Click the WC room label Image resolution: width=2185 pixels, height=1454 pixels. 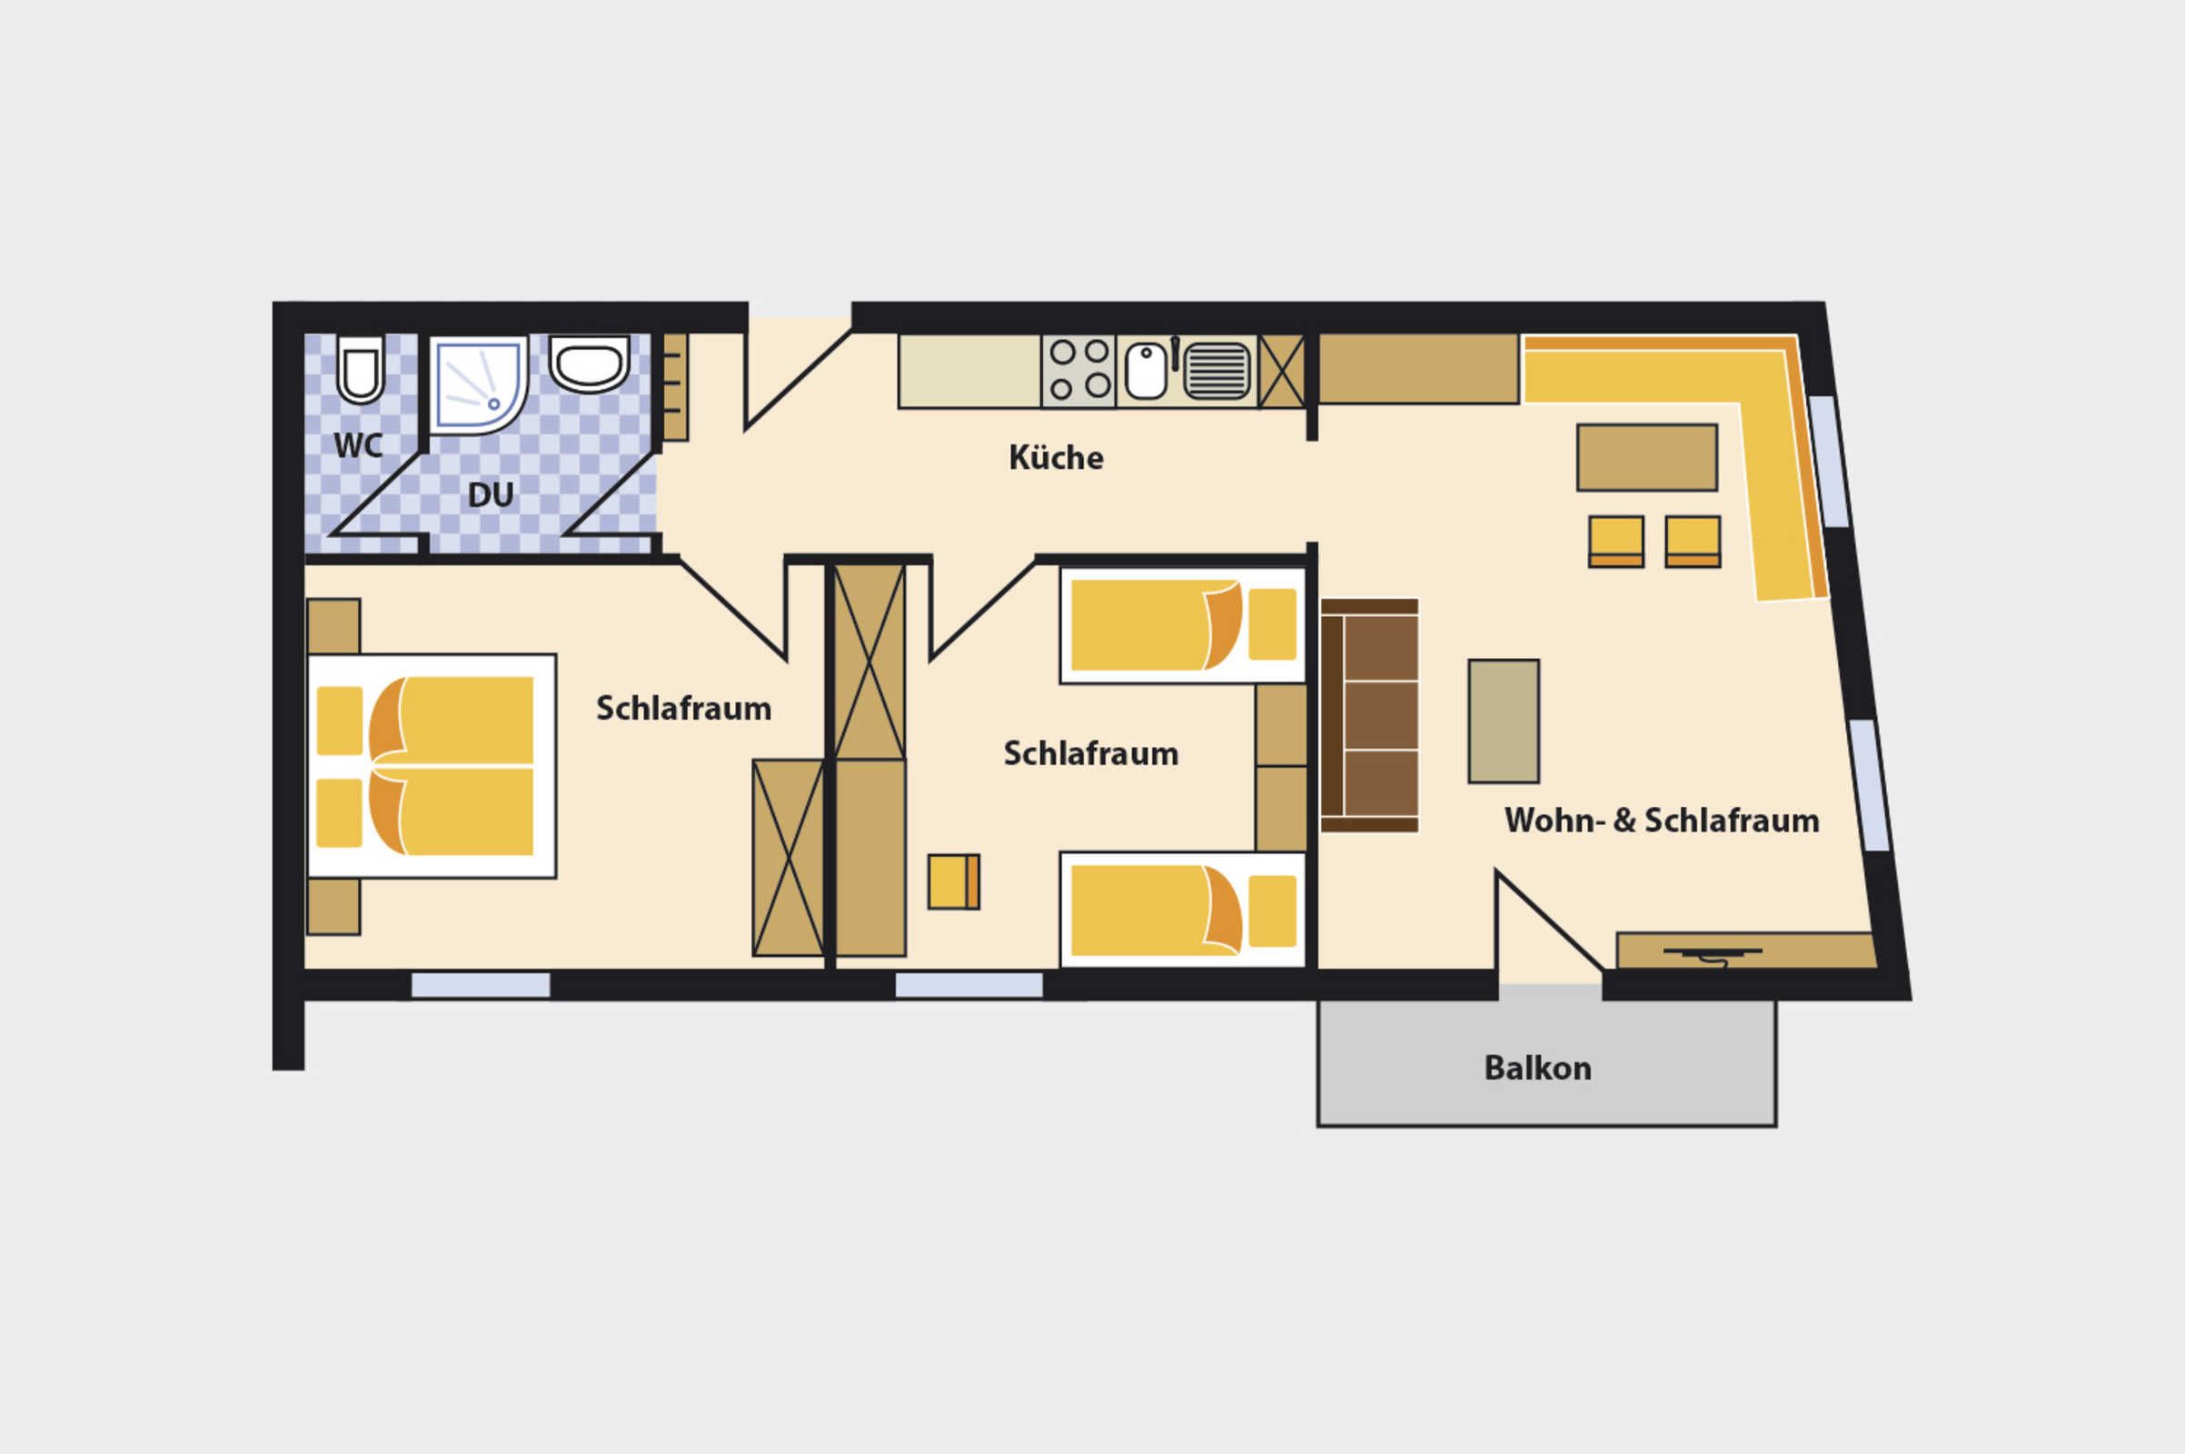pos(358,445)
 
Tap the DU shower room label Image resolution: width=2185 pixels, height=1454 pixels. pos(491,495)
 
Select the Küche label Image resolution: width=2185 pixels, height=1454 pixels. pos(1056,457)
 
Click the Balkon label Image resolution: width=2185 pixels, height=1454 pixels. pos(1538,1069)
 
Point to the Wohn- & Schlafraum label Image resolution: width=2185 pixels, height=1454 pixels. pos(1661,821)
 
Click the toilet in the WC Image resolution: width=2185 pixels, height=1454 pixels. pos(360,370)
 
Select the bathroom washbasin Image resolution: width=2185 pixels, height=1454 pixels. pos(590,364)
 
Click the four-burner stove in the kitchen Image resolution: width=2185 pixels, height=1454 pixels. pos(1079,371)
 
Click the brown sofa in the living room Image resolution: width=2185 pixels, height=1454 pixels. pos(1369,716)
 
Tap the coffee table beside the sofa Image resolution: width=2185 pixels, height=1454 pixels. pos(1504,722)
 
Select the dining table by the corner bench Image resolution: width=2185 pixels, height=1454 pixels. pos(1647,458)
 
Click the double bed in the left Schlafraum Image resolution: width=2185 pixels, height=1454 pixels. pos(432,766)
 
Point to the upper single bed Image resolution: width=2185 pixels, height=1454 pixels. pos(1183,625)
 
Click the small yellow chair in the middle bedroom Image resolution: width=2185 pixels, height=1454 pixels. pos(954,881)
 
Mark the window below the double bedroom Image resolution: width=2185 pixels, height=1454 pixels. pos(481,986)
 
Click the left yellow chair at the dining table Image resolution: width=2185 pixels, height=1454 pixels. pos(1615,542)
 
